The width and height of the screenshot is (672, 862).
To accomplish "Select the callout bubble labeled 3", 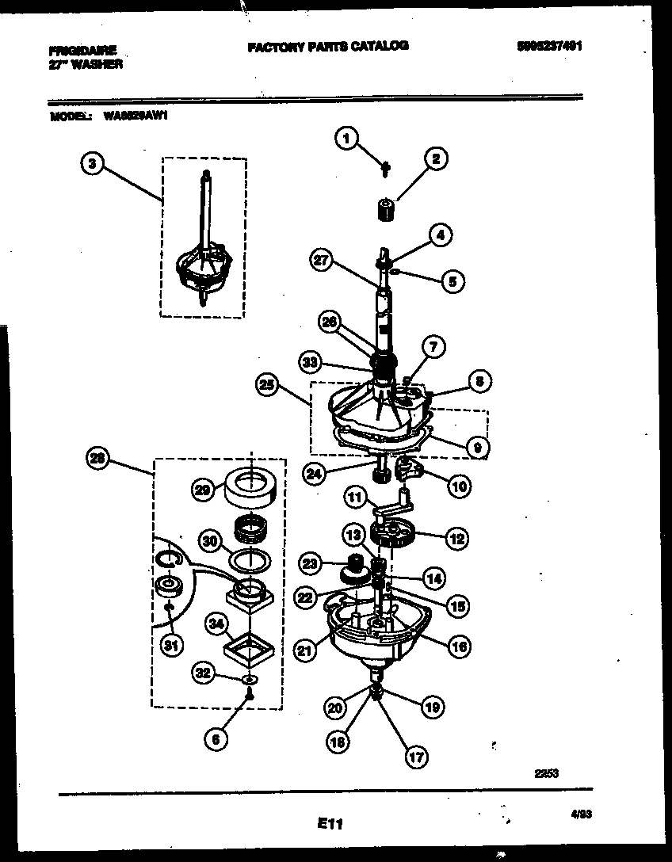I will point(93,165).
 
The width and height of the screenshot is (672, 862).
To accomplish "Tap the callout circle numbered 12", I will point(456,540).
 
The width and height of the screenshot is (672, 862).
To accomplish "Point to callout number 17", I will point(415,757).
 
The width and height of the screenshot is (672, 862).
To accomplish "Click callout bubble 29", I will point(204,490).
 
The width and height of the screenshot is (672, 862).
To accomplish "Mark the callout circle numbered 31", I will point(169,647).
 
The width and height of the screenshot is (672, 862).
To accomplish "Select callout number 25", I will point(268,385).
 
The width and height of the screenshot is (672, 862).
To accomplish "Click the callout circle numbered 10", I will point(459,485).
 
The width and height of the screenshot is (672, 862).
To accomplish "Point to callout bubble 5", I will point(452,280).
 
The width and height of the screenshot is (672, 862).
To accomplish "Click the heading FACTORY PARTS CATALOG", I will point(328,46).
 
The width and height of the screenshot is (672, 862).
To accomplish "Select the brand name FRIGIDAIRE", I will point(82,50).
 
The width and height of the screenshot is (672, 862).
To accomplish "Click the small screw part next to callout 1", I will point(384,167).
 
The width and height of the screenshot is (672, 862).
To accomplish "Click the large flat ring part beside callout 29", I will point(250,486).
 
